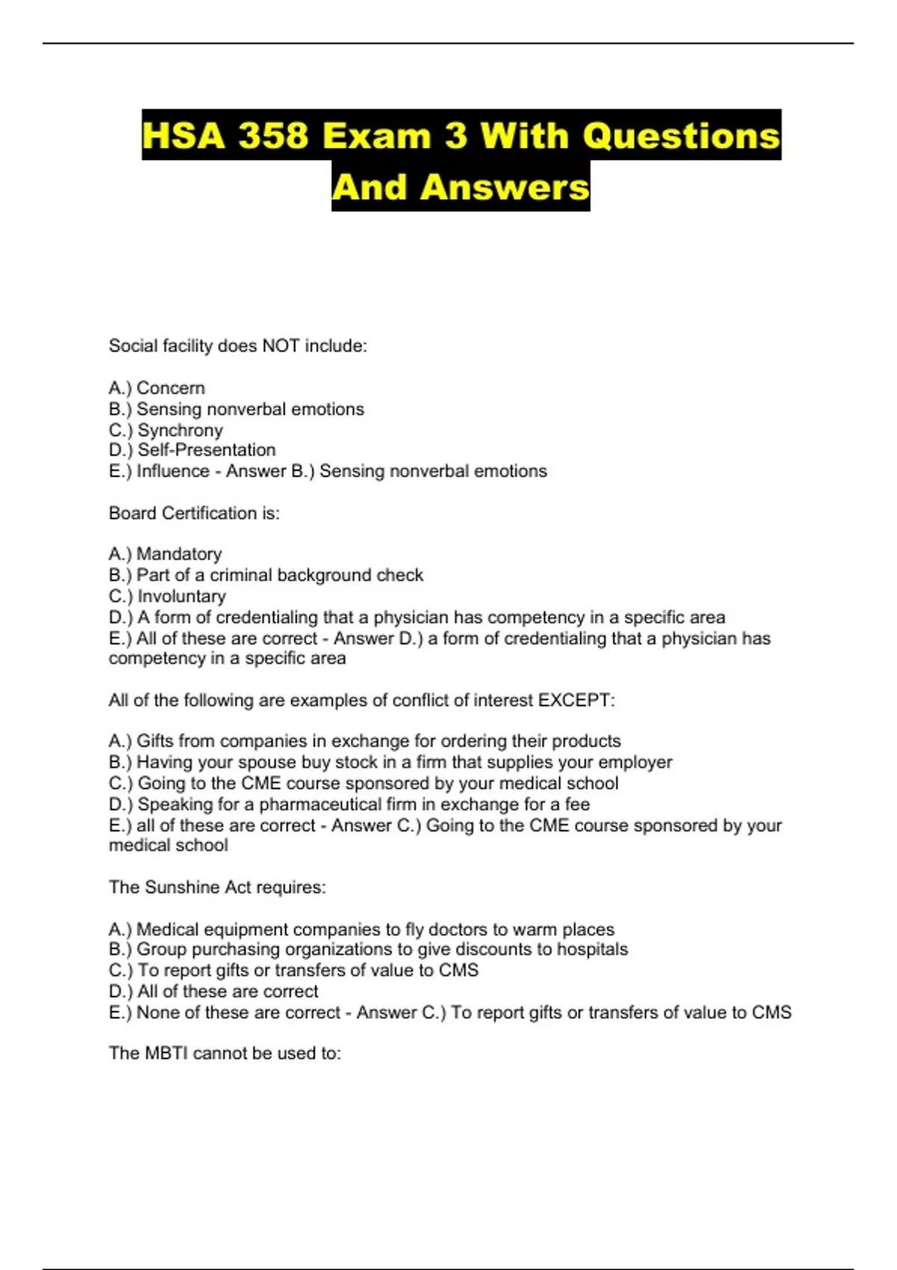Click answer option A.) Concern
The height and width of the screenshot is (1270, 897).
[157, 388]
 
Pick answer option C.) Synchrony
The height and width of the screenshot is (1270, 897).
[166, 430]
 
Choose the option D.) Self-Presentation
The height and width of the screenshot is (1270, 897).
[192, 450]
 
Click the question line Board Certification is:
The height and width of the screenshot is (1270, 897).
[194, 513]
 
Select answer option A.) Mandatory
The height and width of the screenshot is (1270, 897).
[165, 554]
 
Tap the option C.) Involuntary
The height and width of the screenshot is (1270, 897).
[167, 596]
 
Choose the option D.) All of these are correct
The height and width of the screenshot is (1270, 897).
[214, 991]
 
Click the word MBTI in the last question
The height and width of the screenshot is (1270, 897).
[166, 1053]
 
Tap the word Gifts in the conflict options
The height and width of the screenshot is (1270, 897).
[157, 741]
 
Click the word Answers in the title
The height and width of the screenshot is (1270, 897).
[505, 187]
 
